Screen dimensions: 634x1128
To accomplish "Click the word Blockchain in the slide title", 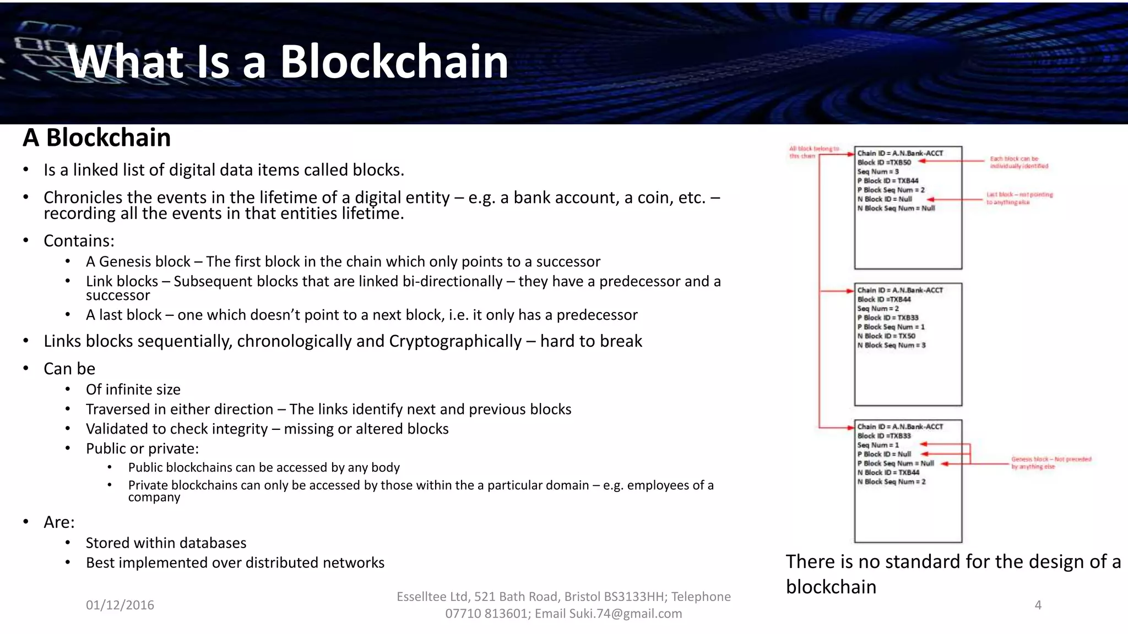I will (394, 62).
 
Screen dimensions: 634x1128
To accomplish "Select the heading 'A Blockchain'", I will (97, 138).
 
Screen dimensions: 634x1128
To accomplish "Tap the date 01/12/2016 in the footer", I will (120, 605).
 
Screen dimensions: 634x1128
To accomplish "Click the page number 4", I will (1038, 605).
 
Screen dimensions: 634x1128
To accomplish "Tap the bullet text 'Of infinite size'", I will (133, 390).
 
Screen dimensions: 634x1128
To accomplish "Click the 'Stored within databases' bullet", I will (166, 543).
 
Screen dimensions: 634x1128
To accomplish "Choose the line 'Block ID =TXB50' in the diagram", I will (884, 162).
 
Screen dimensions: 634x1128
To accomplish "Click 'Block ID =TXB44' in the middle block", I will (884, 299).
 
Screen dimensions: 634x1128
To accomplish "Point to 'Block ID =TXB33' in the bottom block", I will (884, 436).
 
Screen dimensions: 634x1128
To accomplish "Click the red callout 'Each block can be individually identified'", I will (1018, 162).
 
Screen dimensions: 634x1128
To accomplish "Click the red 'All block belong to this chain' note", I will (814, 152).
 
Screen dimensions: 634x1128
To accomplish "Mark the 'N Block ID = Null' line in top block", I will (885, 199).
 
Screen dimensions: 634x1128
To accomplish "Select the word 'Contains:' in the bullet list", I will (79, 241).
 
